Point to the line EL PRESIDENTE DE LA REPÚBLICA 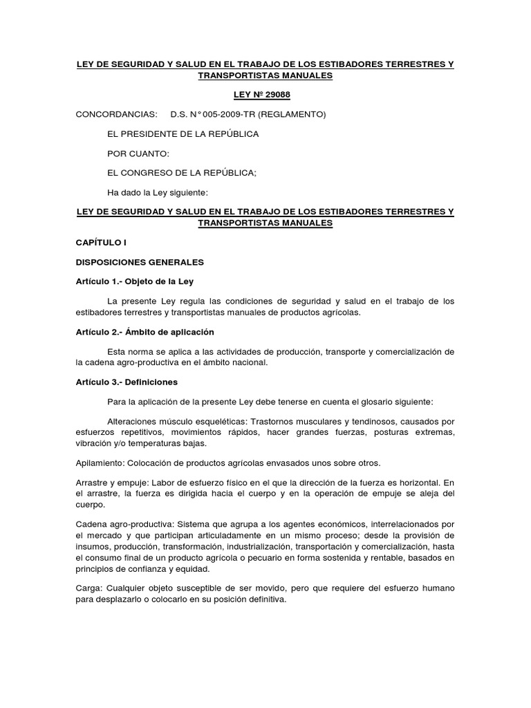coord(183,133)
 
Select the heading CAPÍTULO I coord(102,243)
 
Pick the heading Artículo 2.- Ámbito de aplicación coord(145,332)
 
